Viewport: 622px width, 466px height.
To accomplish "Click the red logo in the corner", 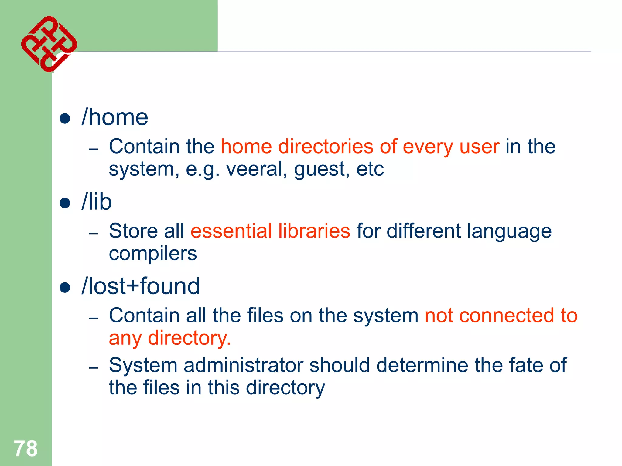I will coord(49,44).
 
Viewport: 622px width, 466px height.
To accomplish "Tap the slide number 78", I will coord(26,448).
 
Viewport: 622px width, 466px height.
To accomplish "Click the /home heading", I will coord(115,118).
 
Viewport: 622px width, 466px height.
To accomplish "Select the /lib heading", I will coord(97,202).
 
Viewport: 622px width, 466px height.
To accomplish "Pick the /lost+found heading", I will coord(141,286).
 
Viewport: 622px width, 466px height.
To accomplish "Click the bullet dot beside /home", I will coord(65,119).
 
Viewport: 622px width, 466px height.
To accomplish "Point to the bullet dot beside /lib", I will coord(65,203).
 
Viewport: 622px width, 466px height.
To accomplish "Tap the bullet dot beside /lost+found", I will coord(65,287).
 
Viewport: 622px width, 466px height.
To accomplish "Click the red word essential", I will coord(231,231).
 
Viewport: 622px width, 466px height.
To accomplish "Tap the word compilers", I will coord(153,254).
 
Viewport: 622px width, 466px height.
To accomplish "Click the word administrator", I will coord(243,365).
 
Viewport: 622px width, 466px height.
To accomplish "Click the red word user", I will coord(479,147).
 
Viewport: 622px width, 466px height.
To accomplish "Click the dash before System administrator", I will coord(93,368).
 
